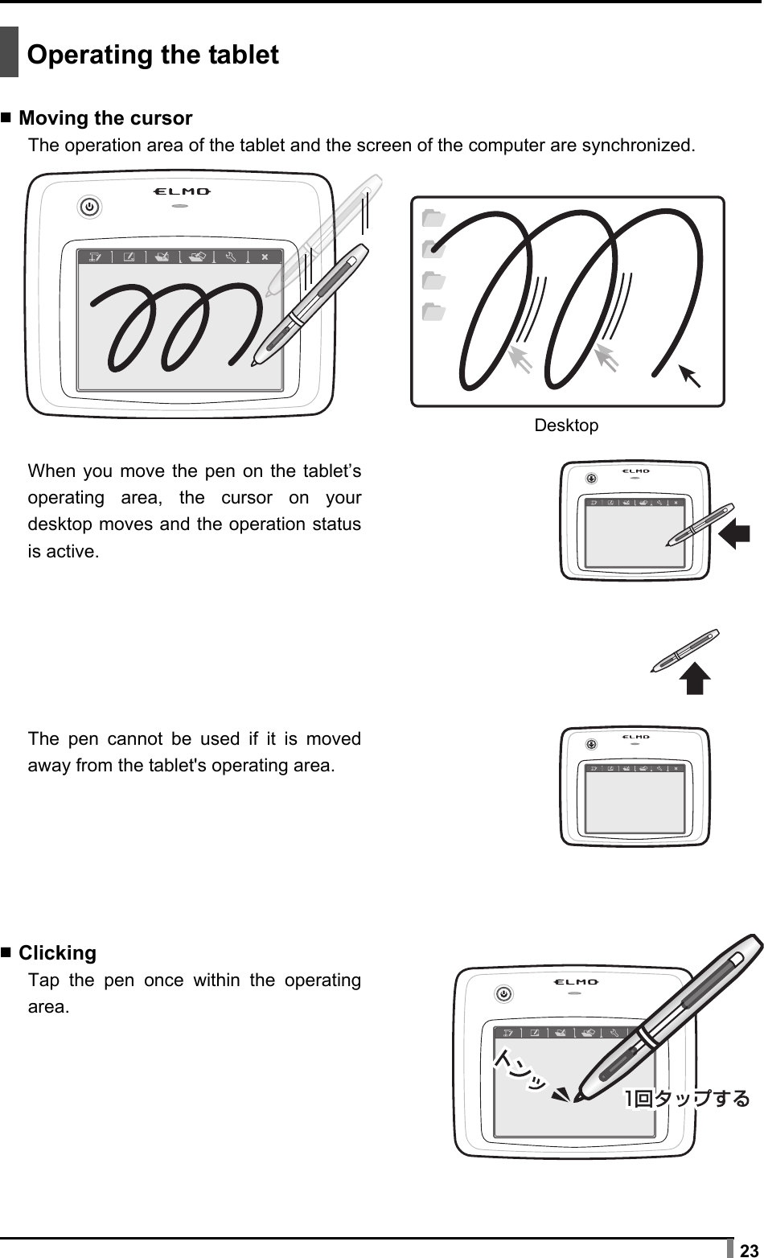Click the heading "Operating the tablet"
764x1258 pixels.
(x=153, y=55)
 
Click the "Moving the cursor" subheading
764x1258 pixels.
(x=105, y=118)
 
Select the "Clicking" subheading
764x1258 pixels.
(x=57, y=953)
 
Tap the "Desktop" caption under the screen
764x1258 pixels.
(x=566, y=425)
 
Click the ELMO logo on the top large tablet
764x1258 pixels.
(x=182, y=191)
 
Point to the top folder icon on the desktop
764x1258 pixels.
(x=433, y=218)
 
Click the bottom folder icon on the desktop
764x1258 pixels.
(x=433, y=310)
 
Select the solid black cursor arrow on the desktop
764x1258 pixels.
(x=689, y=376)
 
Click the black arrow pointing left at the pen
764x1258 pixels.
(x=734, y=534)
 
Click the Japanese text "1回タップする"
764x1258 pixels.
(x=687, y=1098)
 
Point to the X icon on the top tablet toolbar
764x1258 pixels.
(x=265, y=257)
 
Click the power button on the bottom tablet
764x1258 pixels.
(x=504, y=994)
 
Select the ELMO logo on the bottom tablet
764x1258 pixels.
(x=576, y=982)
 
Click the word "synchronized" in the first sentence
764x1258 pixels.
(x=637, y=146)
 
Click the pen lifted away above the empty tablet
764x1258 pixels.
(x=685, y=650)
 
